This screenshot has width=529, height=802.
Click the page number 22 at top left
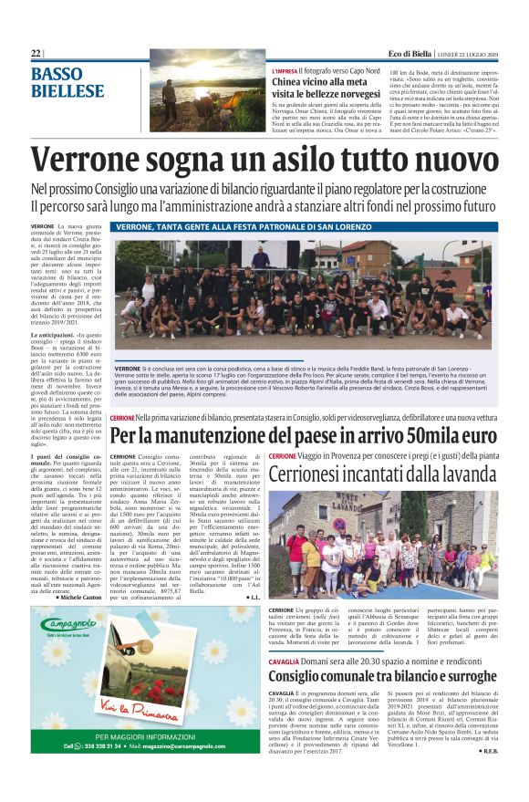coord(36,54)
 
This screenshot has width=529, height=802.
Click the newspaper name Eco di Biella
coord(410,54)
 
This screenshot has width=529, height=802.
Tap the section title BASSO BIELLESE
coord(67,82)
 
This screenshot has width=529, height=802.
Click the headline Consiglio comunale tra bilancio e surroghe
coord(383,677)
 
